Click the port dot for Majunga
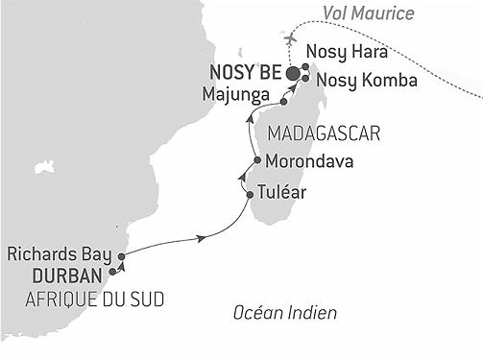pyautogui.click(x=284, y=100)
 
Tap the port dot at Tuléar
pyautogui.click(x=250, y=195)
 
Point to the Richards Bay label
pyautogui.click(x=59, y=256)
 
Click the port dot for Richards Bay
pyautogui.click(x=122, y=255)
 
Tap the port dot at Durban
pyautogui.click(x=114, y=273)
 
